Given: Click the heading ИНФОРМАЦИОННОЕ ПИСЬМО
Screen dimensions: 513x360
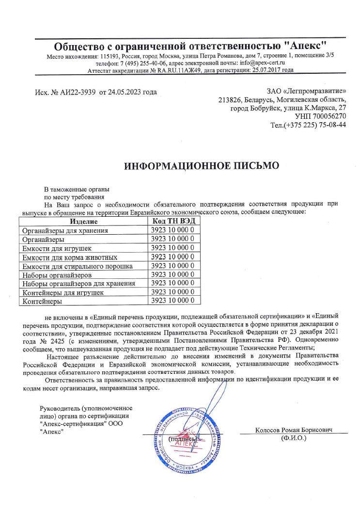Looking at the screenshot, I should (202, 166).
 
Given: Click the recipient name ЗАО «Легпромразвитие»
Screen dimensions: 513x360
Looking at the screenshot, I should (306, 91).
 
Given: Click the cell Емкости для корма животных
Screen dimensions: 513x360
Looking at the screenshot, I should (70, 257).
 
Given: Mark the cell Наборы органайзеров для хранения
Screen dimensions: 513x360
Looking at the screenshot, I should (78, 284).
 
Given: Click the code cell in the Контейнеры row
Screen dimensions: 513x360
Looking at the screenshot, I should (172, 301).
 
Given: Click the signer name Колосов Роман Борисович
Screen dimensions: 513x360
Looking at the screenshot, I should (294, 430).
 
